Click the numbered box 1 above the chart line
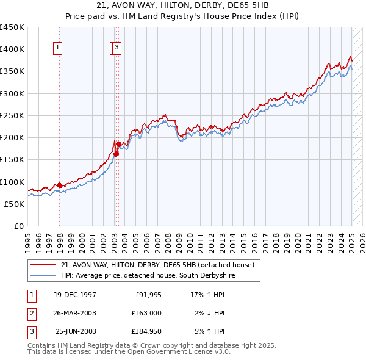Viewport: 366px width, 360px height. point(57,48)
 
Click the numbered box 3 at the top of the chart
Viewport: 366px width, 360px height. point(117,48)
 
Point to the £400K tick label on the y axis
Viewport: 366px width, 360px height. point(13,49)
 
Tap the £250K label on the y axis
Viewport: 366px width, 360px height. point(13,115)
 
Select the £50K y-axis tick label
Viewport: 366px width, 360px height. point(15,204)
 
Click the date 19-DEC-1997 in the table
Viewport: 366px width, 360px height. point(74,295)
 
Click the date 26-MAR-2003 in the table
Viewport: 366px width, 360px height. point(74,313)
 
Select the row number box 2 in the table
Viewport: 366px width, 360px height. point(30,313)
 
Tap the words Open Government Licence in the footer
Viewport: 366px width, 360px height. point(178,352)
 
